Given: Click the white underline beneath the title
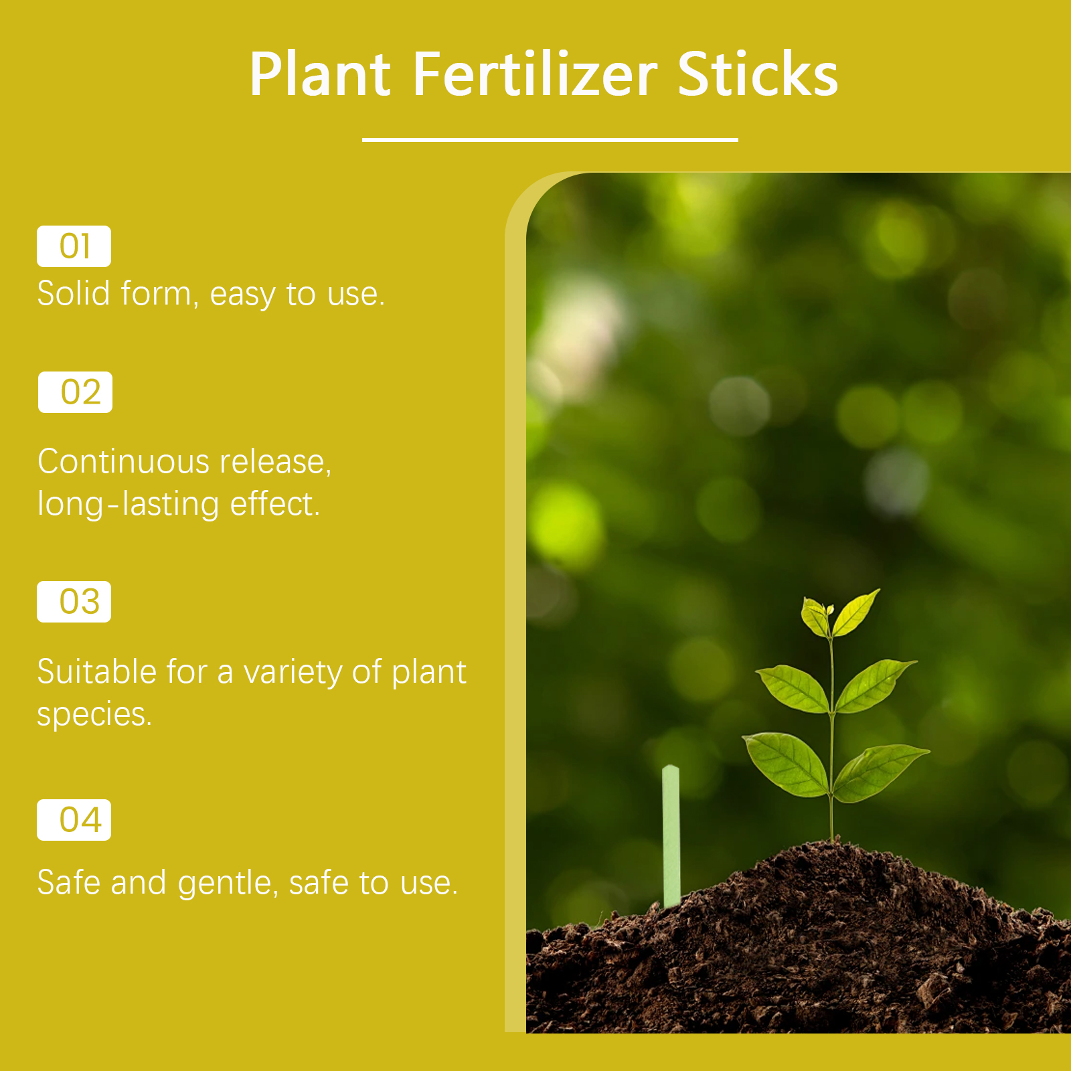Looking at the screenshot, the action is coord(550,140).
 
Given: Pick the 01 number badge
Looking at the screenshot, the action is coord(74,246).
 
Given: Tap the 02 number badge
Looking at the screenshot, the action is coord(75,392).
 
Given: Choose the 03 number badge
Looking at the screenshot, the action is coord(74,602).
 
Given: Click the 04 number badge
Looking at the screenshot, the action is coord(74,820).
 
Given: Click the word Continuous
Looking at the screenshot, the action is coord(124,462).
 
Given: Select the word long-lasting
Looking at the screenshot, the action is coord(129,505).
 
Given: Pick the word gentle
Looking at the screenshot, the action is coord(228,884).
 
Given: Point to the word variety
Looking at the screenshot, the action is coord(293,673).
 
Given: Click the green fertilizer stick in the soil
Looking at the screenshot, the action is coord(671,837).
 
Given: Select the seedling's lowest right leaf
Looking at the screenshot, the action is coord(880,772).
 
